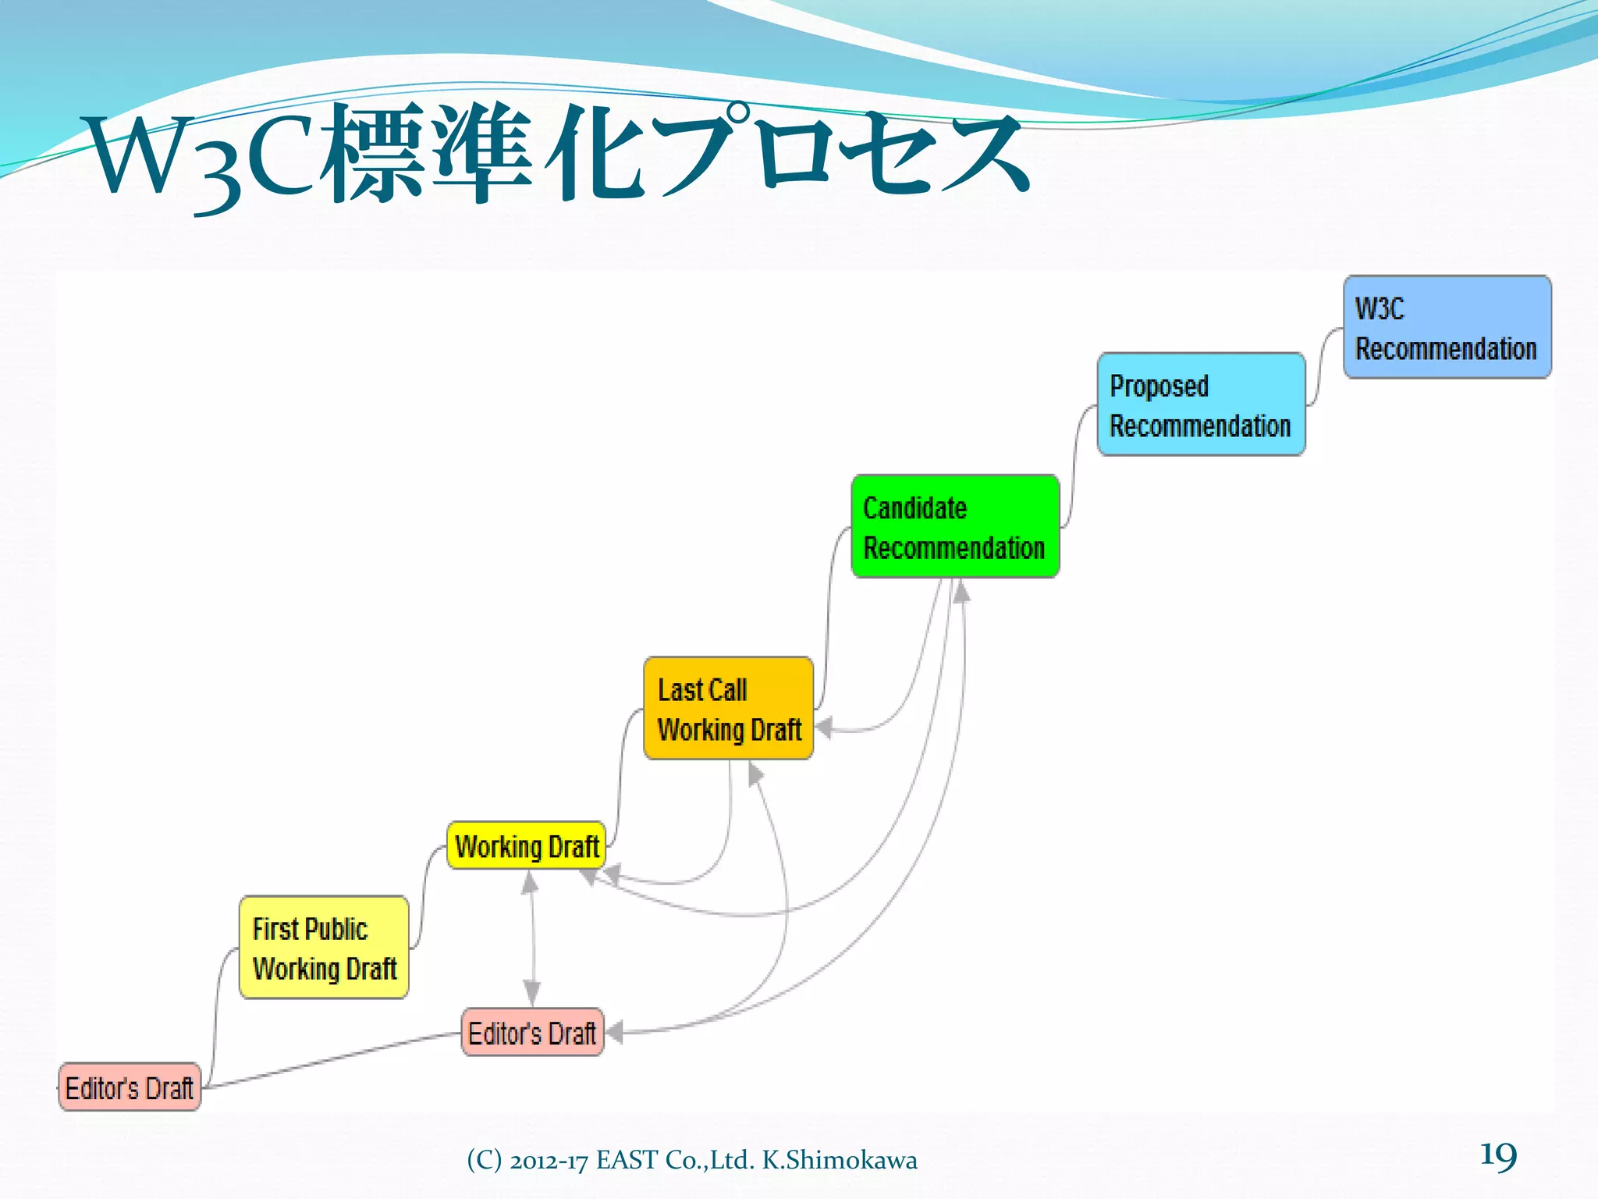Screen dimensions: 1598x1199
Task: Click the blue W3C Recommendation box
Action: [1447, 327]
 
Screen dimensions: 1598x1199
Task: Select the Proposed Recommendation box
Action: [1201, 404]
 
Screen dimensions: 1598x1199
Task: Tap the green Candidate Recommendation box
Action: [955, 526]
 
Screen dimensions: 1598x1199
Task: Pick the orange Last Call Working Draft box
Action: [729, 708]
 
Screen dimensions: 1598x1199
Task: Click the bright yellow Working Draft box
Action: [527, 845]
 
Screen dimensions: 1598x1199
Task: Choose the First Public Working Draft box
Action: [324, 948]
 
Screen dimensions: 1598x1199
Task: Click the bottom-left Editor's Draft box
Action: [130, 1087]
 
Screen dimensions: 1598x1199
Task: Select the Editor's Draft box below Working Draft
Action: [533, 1033]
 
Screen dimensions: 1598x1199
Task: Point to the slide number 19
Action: [1497, 1155]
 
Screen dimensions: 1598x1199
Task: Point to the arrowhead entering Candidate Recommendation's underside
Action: [962, 592]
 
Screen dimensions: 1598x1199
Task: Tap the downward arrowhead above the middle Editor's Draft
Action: [532, 993]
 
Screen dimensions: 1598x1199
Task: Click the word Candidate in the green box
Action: [914, 508]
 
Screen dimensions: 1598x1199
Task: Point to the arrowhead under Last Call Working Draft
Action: [754, 774]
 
